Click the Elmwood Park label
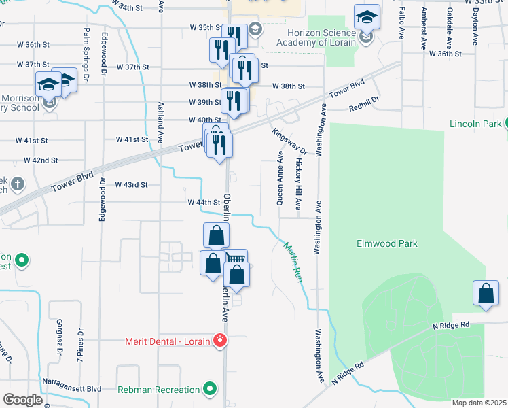pos(387,243)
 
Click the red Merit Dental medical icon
pos(219,340)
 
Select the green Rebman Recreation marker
pos(211,390)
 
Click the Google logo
pos(22,400)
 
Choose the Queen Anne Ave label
pos(280,178)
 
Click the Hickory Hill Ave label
pos(298,184)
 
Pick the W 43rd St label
pos(132,184)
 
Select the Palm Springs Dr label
pos(86,55)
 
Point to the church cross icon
pos(17,184)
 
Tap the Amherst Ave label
pos(424,29)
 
